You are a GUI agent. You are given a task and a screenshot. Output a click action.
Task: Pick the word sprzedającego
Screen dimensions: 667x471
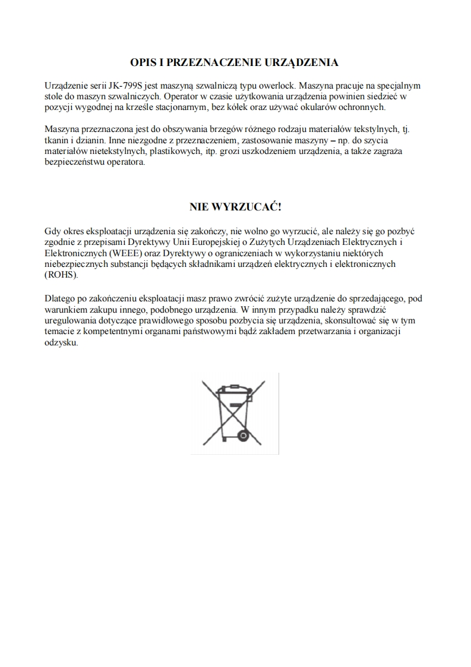coord(387,298)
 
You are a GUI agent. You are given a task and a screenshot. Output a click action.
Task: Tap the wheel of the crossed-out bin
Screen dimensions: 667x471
coord(243,435)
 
